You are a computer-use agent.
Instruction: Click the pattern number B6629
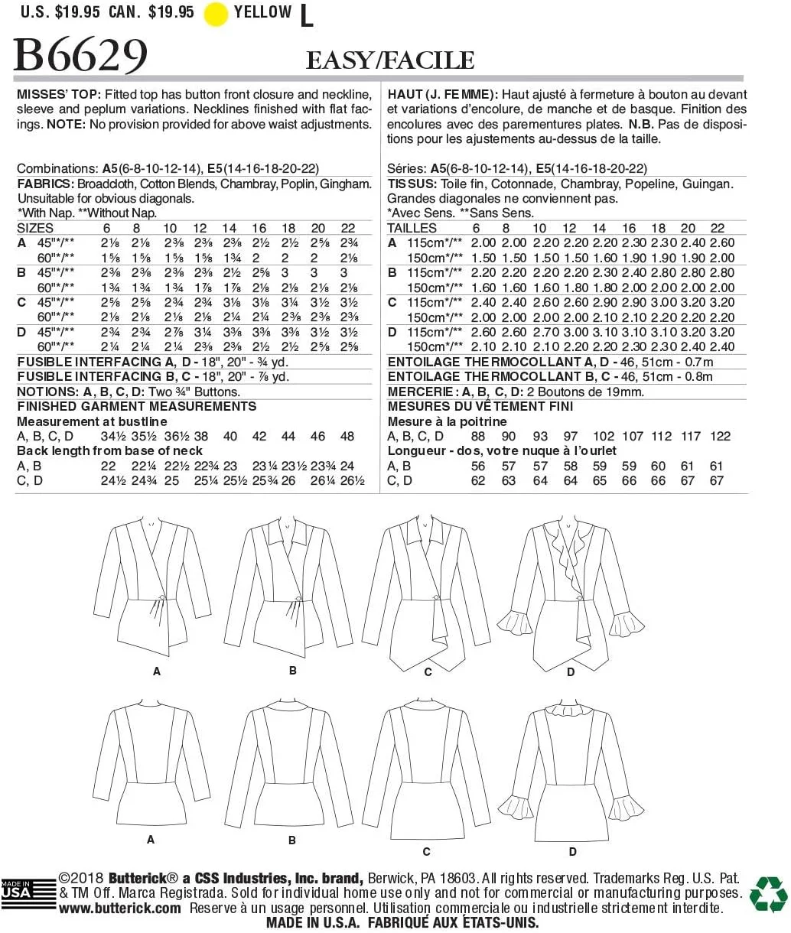point(81,55)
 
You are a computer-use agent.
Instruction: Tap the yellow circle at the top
point(216,14)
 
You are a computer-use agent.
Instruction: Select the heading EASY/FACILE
point(390,60)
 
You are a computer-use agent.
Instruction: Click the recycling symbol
point(768,894)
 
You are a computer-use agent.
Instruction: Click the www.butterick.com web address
point(120,909)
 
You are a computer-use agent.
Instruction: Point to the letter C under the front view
point(428,672)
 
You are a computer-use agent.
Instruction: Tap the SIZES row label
point(35,228)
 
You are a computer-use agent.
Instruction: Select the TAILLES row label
point(412,228)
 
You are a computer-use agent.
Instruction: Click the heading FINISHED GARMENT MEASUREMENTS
point(137,406)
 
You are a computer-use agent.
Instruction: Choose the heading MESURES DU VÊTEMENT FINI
point(480,406)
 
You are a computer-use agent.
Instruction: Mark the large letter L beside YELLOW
point(307,15)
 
